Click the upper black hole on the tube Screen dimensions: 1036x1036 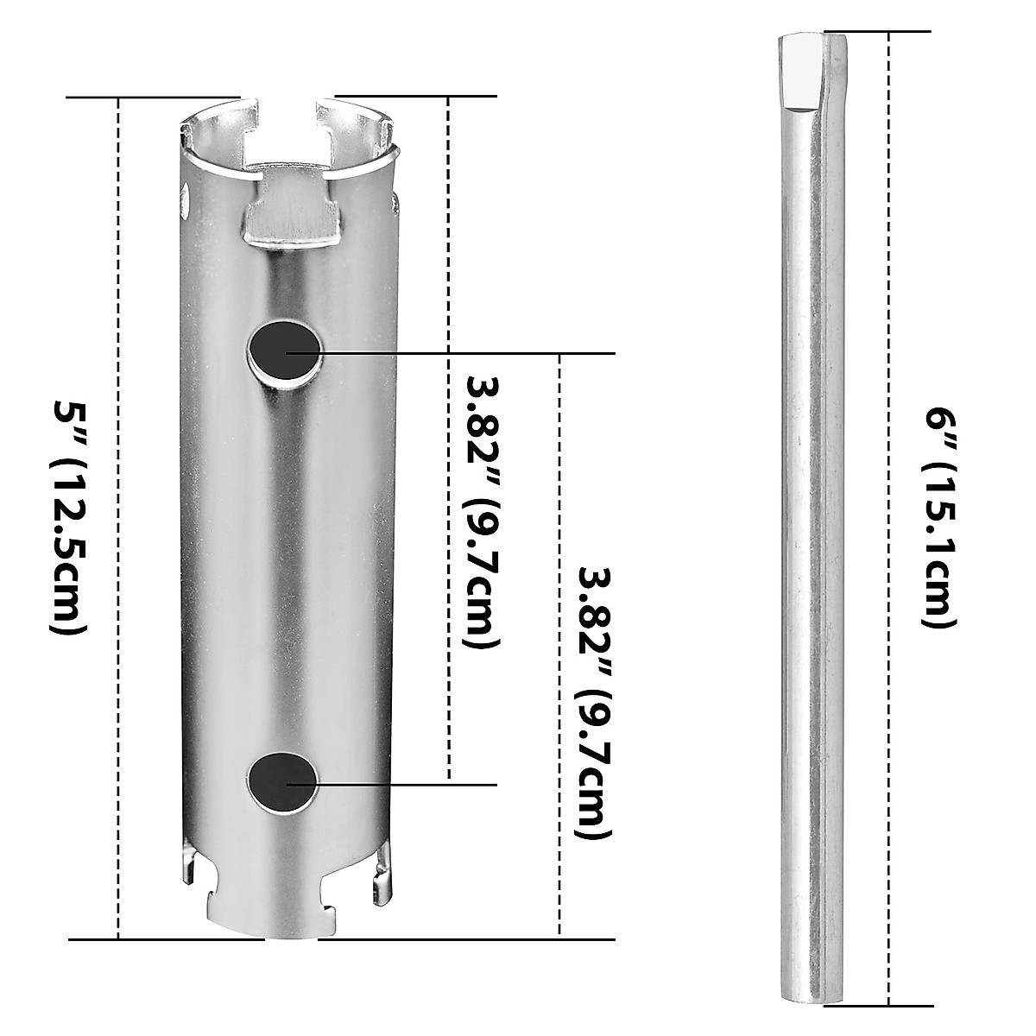click(282, 352)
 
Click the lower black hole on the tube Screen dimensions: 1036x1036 click(282, 782)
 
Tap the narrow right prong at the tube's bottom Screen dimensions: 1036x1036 click(377, 877)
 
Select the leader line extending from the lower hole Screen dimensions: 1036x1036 click(406, 784)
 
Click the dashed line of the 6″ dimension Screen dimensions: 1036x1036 click(888, 691)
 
